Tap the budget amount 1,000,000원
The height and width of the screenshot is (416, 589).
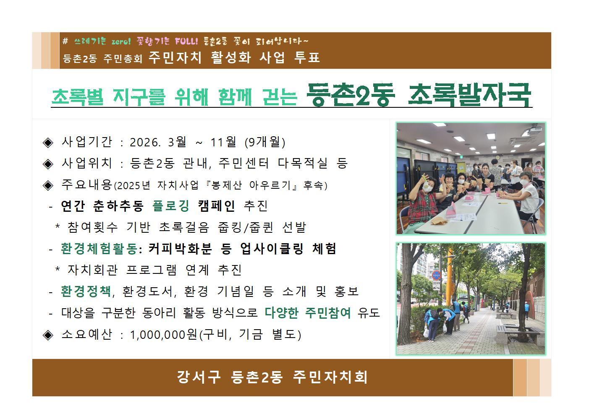(x=163, y=335)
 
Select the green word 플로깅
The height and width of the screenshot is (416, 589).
(x=171, y=206)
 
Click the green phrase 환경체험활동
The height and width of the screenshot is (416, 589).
(x=99, y=249)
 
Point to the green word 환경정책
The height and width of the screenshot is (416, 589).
(x=86, y=291)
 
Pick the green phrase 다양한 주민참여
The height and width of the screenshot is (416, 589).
(x=308, y=313)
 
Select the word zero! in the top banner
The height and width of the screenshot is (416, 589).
(x=121, y=42)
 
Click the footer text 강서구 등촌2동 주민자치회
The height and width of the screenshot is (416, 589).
(x=272, y=377)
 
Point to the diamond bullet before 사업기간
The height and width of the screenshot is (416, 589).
(x=48, y=142)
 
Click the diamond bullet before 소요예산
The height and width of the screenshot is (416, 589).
(x=48, y=335)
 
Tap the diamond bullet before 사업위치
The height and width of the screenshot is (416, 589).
(x=48, y=164)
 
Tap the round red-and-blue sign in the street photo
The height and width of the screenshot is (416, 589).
(x=436, y=276)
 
